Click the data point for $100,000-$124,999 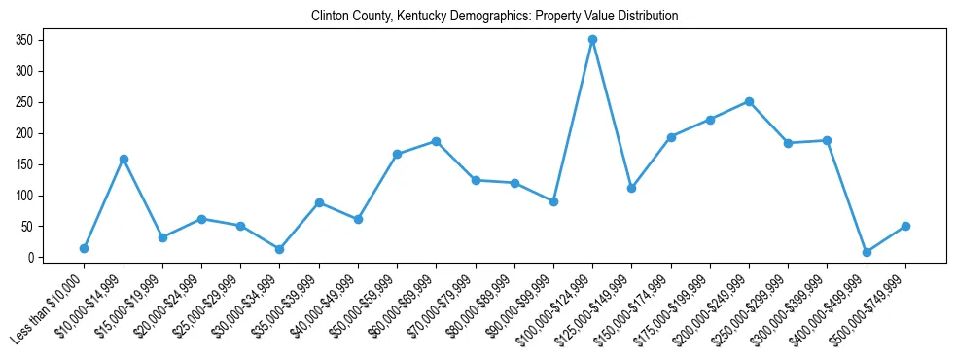(x=592, y=40)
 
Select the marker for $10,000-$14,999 (x=124, y=159)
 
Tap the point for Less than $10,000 (x=85, y=248)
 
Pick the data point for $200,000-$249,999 (x=749, y=101)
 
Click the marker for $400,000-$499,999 (x=867, y=252)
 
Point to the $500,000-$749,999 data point (x=905, y=226)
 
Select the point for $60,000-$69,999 (x=437, y=141)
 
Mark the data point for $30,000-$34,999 (x=280, y=249)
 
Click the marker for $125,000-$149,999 (x=631, y=188)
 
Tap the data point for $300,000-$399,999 (x=827, y=141)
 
